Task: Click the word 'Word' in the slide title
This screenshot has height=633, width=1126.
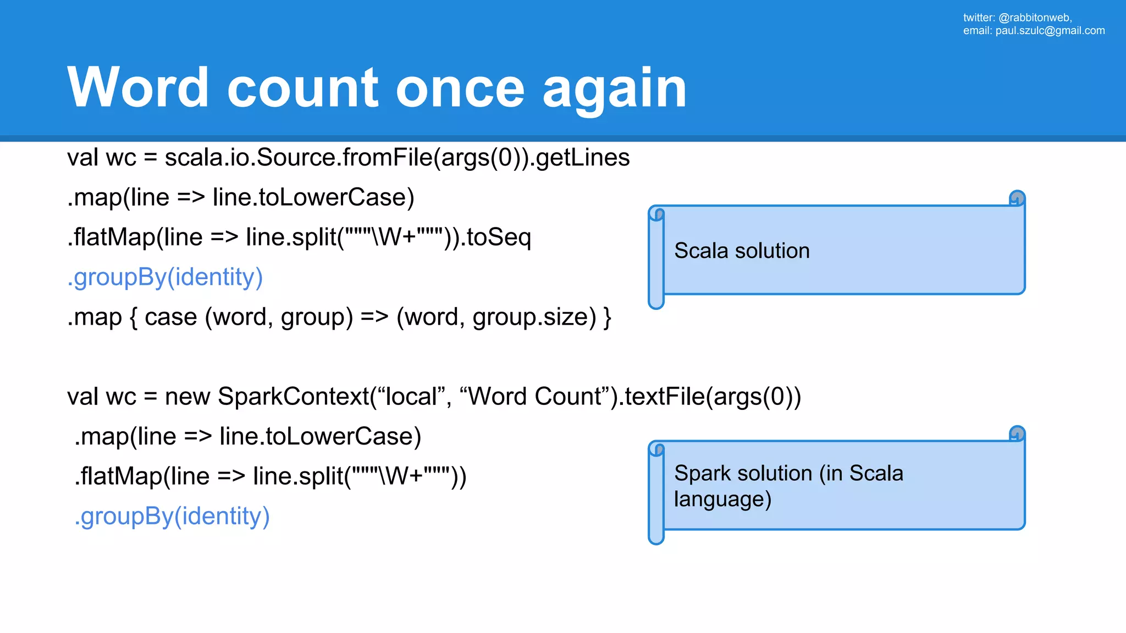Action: click(137, 88)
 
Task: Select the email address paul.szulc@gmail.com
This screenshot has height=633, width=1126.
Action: click(1050, 31)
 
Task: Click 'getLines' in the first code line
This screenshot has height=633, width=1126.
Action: click(582, 158)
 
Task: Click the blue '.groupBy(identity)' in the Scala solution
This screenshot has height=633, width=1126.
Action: click(165, 277)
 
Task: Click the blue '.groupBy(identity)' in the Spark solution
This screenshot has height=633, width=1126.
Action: click(172, 517)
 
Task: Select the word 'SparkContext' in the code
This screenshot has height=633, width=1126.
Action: click(294, 397)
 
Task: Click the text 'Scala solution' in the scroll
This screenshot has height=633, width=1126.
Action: click(742, 251)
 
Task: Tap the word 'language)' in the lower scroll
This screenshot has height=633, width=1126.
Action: click(722, 499)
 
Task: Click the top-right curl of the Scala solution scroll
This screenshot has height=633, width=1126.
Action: click(1017, 198)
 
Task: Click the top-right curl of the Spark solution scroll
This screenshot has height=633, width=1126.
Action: click(1017, 434)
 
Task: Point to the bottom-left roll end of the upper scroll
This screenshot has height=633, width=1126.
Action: click(656, 302)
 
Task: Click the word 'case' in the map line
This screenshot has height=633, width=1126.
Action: click(170, 318)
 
